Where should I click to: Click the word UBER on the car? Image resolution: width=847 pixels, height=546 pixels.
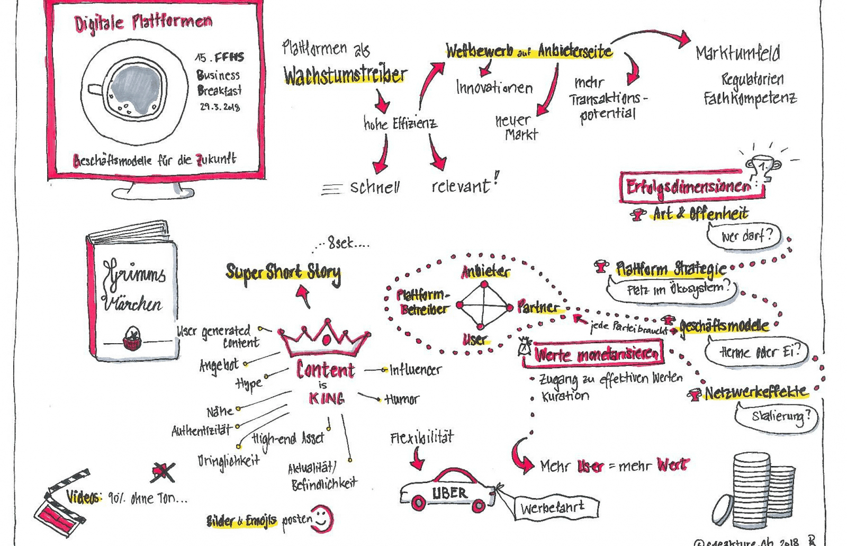(x=449, y=494)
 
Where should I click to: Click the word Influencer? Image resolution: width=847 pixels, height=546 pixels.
(x=415, y=370)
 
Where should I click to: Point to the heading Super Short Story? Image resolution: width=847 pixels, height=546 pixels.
(x=283, y=272)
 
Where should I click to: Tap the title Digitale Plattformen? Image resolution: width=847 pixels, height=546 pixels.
(x=143, y=22)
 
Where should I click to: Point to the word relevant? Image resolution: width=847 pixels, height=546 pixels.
(x=460, y=186)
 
